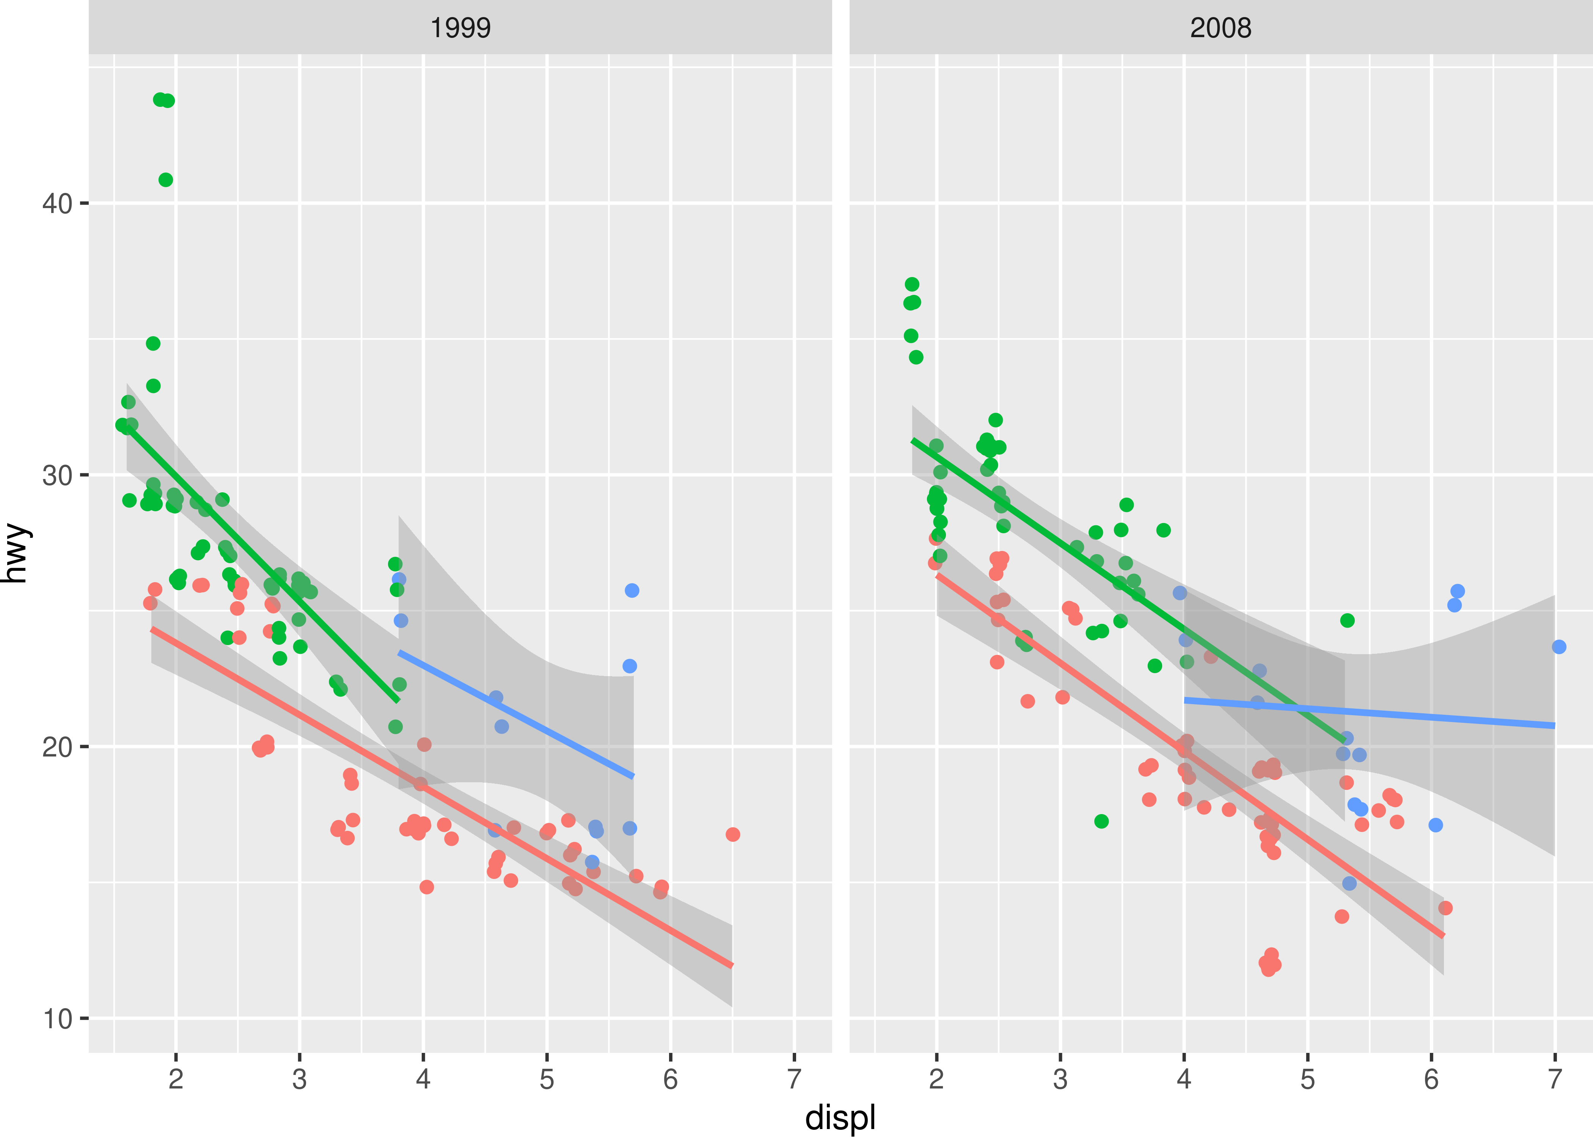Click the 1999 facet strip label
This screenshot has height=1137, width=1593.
click(x=460, y=28)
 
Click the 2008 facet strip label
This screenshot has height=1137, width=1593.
click(x=1220, y=28)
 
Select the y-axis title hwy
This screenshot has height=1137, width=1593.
click(x=16, y=553)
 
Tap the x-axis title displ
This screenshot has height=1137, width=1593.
click(x=840, y=1117)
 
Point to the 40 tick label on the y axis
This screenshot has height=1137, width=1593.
click(x=57, y=204)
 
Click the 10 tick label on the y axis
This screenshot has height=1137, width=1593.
click(x=57, y=1019)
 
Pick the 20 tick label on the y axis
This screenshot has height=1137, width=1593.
click(x=57, y=747)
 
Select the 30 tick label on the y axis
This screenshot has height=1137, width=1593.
click(x=57, y=475)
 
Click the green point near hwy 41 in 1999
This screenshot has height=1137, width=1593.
click(x=165, y=180)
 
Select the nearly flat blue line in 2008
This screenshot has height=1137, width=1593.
click(x=1366, y=713)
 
